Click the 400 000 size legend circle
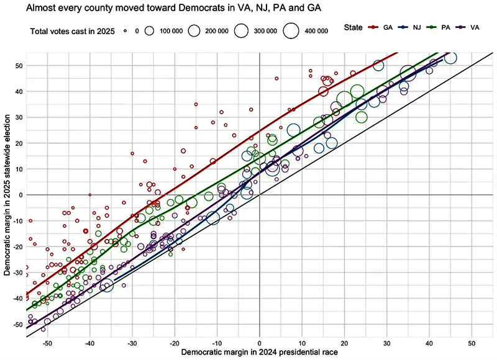click(290, 30)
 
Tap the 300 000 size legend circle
click(241, 30)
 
